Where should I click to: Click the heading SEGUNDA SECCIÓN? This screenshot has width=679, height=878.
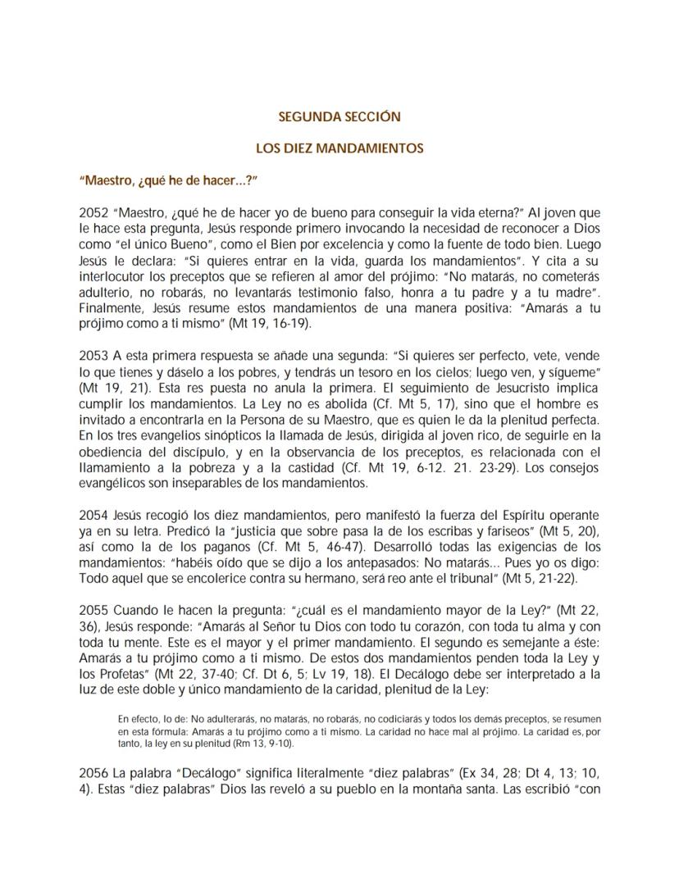(339, 117)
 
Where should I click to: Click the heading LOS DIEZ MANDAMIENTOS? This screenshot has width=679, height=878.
(339, 149)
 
